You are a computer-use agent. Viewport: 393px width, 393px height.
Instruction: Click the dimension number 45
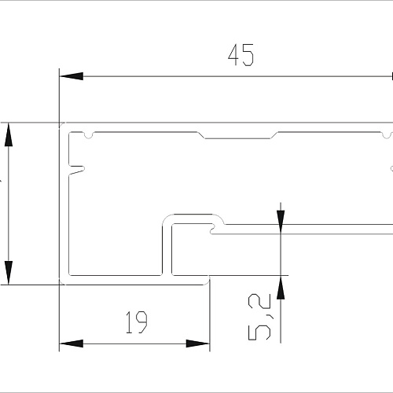coord(241,55)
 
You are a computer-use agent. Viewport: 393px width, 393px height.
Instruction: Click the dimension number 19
coord(137,322)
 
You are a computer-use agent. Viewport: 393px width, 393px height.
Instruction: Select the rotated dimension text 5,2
coord(259,317)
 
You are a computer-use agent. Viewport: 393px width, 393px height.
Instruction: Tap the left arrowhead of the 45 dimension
coord(72,76)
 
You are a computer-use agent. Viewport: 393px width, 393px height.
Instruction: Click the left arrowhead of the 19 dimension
coord(72,343)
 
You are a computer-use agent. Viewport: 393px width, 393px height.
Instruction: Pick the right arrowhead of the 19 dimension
coord(198,343)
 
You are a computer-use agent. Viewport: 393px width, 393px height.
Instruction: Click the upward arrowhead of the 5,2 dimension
coord(281,288)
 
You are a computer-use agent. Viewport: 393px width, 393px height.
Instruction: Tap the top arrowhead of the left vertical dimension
coord(9,134)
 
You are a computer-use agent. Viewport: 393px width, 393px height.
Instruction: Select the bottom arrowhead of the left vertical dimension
coord(9,273)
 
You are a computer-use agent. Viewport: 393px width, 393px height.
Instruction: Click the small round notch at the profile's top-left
coord(89,135)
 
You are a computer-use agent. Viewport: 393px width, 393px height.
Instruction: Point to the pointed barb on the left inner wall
coord(76,170)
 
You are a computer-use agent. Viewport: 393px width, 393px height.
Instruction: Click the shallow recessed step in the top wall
coord(238,135)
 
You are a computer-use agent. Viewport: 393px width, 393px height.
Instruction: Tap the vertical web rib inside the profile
coord(167,249)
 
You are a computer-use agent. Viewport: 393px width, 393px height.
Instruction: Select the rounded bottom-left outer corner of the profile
coord(62,282)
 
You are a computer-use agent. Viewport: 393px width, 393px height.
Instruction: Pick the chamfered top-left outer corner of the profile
coord(62,125)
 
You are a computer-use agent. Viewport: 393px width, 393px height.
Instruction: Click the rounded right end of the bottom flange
coord(208,280)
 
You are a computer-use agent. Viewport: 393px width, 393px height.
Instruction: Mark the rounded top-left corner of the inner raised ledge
coord(167,219)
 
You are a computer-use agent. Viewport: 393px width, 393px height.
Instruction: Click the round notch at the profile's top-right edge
coord(387,135)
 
